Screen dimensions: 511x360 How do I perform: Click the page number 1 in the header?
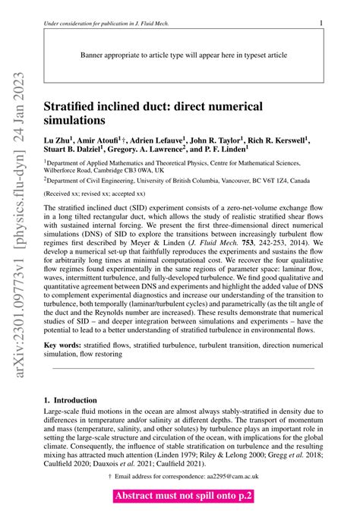coord(321,23)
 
